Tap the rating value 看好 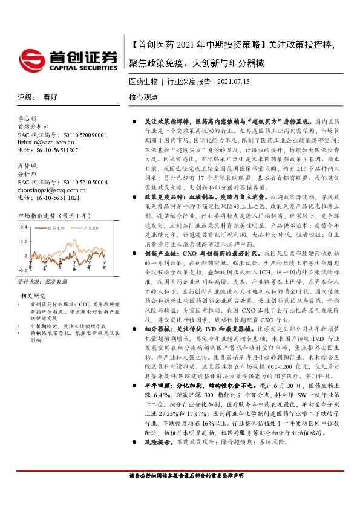(x=50, y=97)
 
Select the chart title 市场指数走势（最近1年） (x=53, y=215)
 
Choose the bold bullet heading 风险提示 (x=159, y=443)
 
